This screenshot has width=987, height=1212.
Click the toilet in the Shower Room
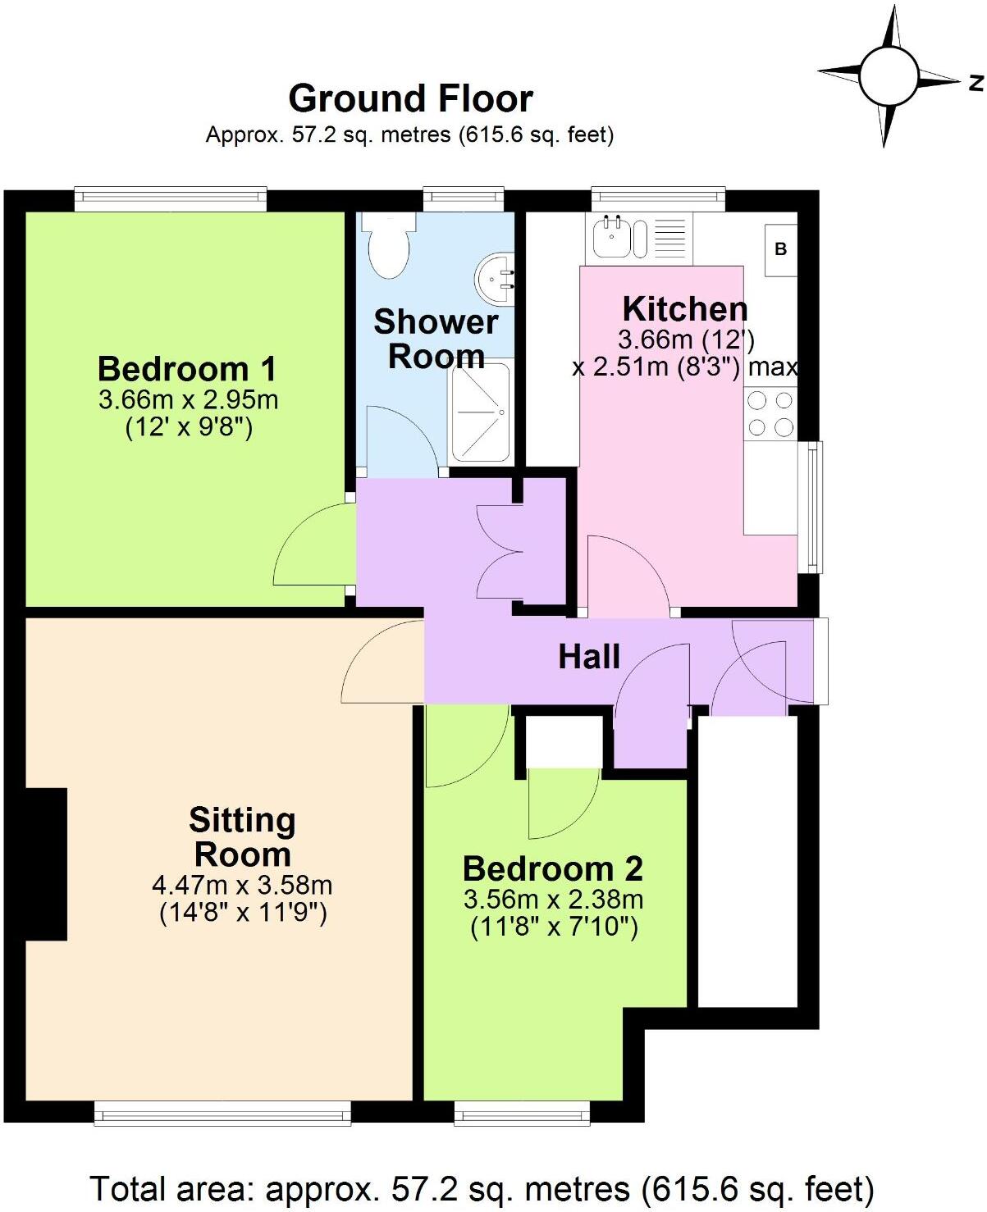387,244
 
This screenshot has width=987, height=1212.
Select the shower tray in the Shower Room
480,410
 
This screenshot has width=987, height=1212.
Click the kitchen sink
612,235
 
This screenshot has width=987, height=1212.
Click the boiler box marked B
780,248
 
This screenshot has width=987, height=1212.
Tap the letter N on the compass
976,82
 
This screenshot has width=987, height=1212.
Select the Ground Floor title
410,98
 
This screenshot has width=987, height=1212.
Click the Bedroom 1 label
187,369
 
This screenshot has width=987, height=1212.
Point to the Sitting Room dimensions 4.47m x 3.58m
242,886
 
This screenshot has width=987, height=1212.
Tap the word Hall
589,656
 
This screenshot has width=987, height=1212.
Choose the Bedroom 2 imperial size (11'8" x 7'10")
554,927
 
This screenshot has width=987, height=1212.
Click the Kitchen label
685,309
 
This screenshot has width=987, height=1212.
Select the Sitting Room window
222,1113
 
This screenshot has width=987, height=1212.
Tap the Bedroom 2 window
522,1113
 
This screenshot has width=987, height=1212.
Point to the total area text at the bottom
482,1188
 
